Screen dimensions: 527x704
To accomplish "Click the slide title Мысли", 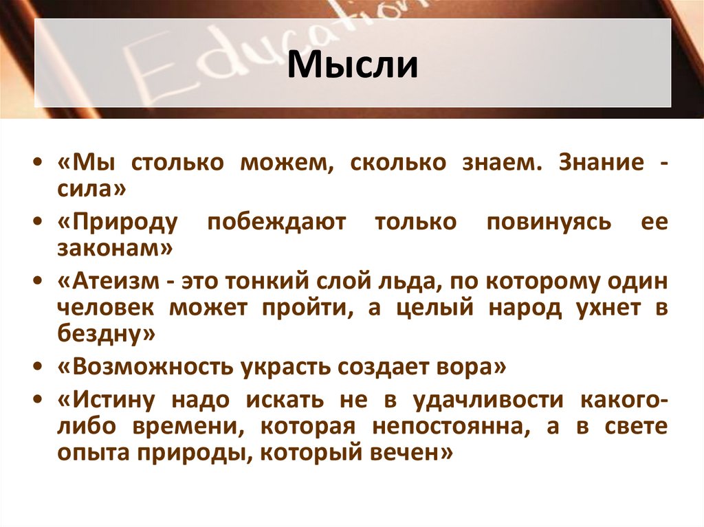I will pos(352,65).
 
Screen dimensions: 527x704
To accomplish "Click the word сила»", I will pos(92,189).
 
